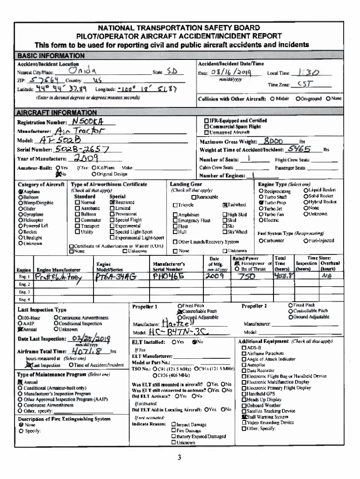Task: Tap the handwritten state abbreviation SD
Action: [173, 72]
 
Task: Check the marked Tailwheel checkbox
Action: [225, 204]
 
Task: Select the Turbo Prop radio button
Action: [260, 203]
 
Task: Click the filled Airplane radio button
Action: [21, 192]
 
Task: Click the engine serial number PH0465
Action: [168, 276]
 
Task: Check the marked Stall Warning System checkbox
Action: [244, 417]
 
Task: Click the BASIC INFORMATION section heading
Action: [50, 56]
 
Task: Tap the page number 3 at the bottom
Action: [180, 457]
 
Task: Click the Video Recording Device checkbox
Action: [244, 422]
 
